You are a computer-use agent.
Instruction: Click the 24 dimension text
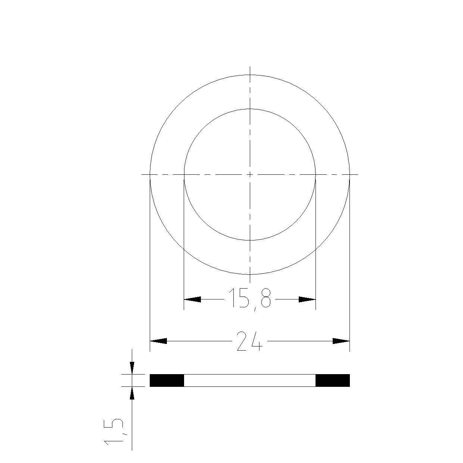(250, 341)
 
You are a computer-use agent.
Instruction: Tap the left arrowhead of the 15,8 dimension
(192, 299)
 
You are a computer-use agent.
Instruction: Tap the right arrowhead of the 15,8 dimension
(307, 299)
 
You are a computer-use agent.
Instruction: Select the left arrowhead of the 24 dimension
(158, 341)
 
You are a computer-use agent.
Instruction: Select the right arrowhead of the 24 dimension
(341, 341)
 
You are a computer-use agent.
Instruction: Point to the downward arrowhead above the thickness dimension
(132, 368)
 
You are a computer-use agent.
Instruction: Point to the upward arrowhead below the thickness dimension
(132, 393)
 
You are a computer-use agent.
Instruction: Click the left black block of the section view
(167, 380)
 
